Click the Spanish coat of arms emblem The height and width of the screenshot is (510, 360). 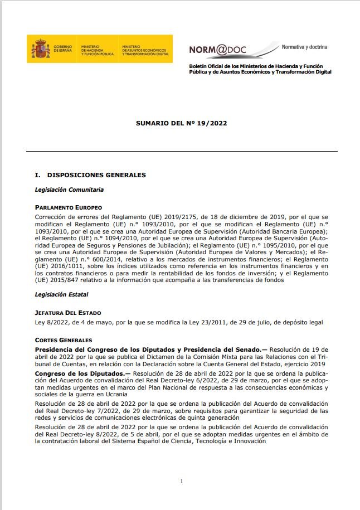41,48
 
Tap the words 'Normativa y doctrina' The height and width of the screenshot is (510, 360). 304,47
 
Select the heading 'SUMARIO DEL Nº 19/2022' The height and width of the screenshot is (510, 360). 181,124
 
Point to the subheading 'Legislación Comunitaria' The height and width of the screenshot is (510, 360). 69,190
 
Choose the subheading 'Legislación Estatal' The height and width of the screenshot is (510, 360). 61,294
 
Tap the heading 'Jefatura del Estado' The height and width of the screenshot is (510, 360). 68,313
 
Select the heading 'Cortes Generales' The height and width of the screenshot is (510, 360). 63,340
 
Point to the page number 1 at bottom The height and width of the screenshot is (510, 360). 182,480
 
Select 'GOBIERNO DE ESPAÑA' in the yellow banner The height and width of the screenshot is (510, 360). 62,49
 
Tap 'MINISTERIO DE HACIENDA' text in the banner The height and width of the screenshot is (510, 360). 97,49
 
